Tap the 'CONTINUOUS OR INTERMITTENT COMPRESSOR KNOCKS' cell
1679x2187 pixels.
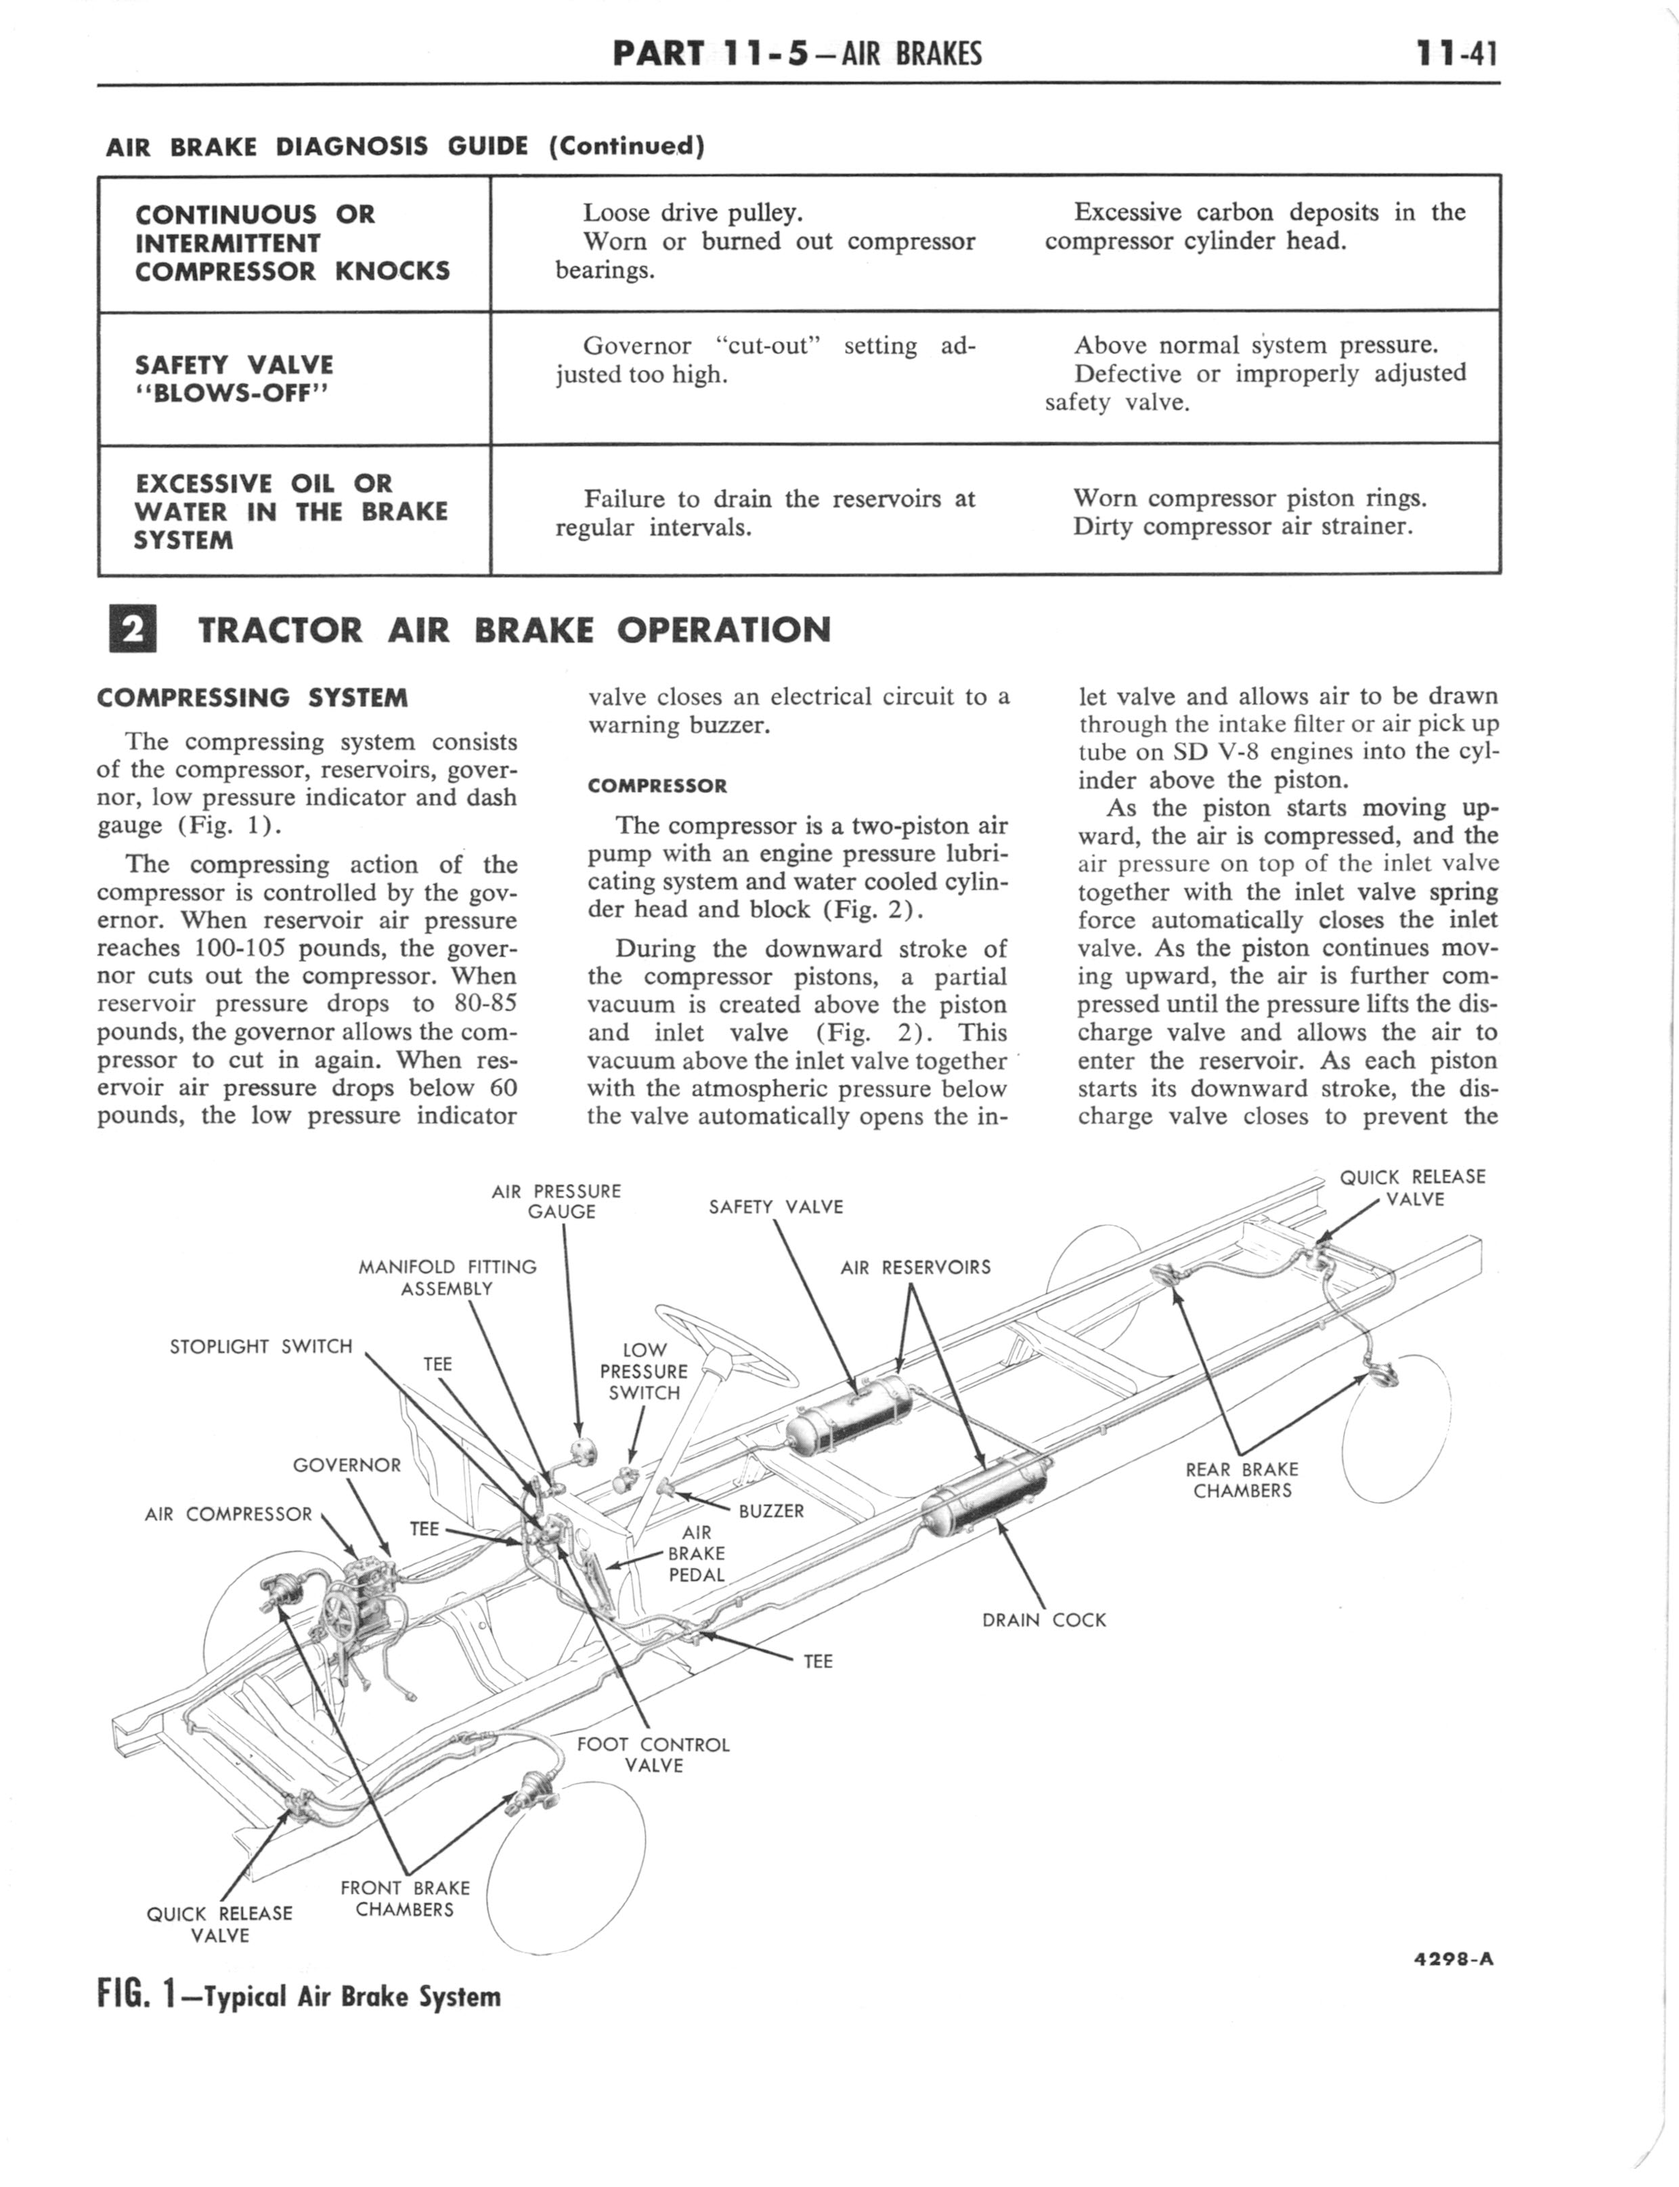(293, 243)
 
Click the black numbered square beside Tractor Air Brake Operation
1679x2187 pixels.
(132, 630)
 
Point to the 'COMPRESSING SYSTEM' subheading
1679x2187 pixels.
(252, 698)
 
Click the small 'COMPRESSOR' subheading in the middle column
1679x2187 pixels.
(657, 786)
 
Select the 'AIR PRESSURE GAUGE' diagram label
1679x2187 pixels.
(558, 1200)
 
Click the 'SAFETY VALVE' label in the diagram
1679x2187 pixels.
(776, 1206)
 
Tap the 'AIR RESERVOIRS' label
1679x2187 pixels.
(915, 1267)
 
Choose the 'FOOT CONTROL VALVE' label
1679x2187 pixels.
(653, 1754)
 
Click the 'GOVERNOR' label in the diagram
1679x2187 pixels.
(346, 1465)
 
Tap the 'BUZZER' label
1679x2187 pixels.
(770, 1510)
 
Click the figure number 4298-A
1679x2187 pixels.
(1453, 1958)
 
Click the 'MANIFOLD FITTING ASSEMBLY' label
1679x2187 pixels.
(447, 1277)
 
